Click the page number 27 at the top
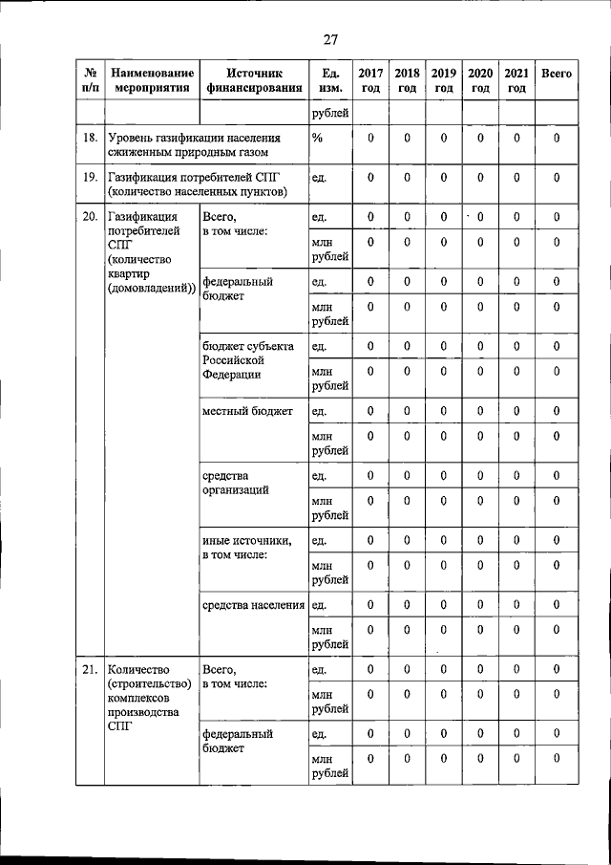(330, 39)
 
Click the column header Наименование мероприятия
(151, 80)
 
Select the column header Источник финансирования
(254, 80)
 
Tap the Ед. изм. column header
(329, 80)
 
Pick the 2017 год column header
(370, 80)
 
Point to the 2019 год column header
(443, 80)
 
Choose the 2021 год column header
(516, 80)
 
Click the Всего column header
(557, 74)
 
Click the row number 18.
(90, 139)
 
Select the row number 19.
(90, 178)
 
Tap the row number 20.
(90, 217)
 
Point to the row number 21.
(90, 670)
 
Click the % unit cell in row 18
(318, 139)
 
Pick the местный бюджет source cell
(247, 412)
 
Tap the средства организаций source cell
(235, 483)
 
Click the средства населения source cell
(254, 605)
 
